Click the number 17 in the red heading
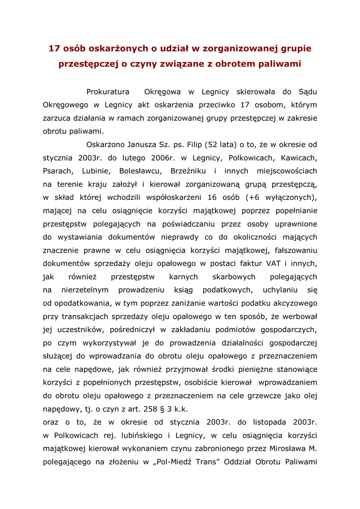(54, 48)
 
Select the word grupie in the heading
(294, 48)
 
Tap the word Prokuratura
(108, 92)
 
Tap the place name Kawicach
(298, 158)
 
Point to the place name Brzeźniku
(192, 171)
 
